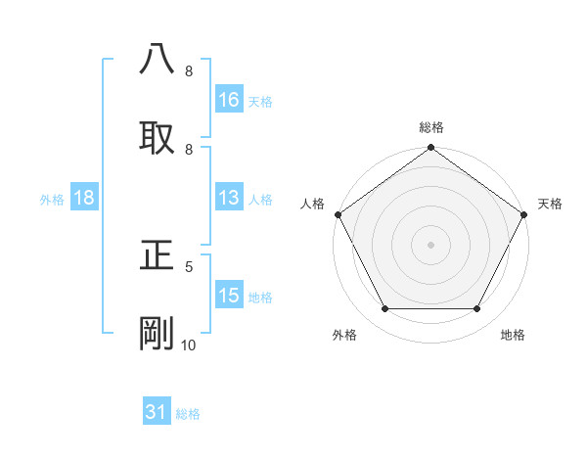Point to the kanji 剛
[157, 333]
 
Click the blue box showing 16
[229, 100]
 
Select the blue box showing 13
[229, 199]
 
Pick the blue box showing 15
[229, 297]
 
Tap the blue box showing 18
[84, 199]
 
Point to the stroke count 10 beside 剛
[188, 345]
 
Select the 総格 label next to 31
[188, 414]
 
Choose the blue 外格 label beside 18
[52, 200]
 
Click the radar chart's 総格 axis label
[430, 127]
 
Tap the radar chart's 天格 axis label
[551, 204]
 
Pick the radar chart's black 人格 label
[311, 204]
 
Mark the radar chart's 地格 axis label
[513, 335]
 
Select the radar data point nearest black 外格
[384, 309]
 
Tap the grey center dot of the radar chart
[430, 244]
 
